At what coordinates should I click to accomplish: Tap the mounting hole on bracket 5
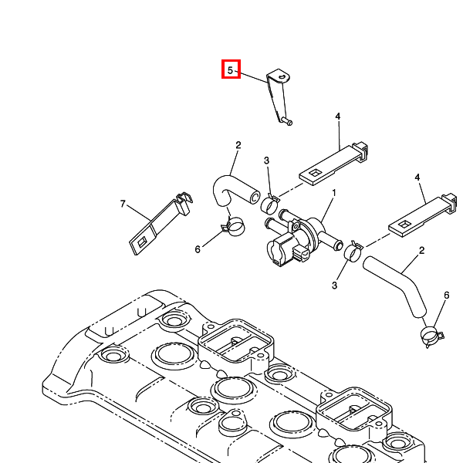click(x=282, y=77)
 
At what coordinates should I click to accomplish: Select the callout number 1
click(x=334, y=192)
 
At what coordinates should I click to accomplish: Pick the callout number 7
click(x=122, y=204)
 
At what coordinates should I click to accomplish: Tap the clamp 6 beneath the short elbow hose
click(x=233, y=227)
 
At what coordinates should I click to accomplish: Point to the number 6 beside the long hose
click(x=445, y=296)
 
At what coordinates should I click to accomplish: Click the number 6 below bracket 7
click(x=198, y=249)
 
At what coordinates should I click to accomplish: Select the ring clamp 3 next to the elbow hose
click(x=270, y=204)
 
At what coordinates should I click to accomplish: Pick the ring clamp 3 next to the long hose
click(x=355, y=252)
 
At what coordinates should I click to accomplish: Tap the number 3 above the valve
click(x=266, y=161)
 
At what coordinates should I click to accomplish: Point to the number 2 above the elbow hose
click(x=238, y=145)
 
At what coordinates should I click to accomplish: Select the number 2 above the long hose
click(x=421, y=251)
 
